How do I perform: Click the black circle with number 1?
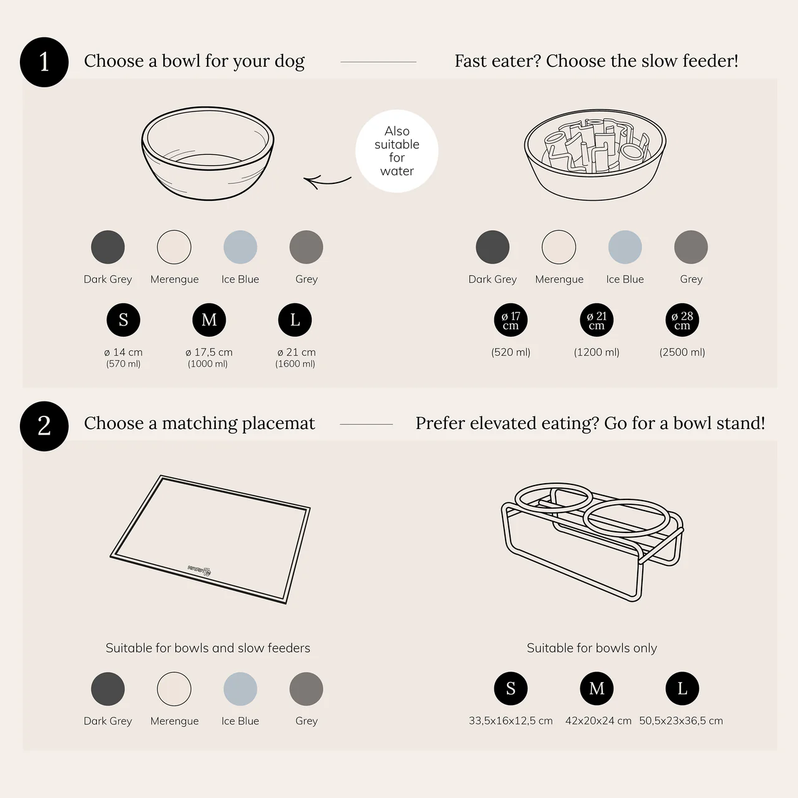pyautogui.click(x=44, y=62)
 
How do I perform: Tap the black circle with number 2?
pyautogui.click(x=44, y=426)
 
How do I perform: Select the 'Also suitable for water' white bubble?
pyautogui.click(x=397, y=151)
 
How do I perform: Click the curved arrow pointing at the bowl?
pyautogui.click(x=327, y=181)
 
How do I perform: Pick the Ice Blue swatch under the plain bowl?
pyautogui.click(x=240, y=248)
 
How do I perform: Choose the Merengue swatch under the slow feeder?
pyautogui.click(x=559, y=248)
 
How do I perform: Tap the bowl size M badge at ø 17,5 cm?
pyautogui.click(x=209, y=320)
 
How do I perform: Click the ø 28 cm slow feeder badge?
pyautogui.click(x=682, y=320)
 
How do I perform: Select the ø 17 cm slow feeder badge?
pyautogui.click(x=511, y=320)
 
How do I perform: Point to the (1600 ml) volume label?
pyautogui.click(x=296, y=364)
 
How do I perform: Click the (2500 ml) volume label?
pyautogui.click(x=682, y=352)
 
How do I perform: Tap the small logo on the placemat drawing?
pyautogui.click(x=199, y=570)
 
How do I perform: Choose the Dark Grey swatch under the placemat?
pyautogui.click(x=108, y=689)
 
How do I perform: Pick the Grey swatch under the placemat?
pyautogui.click(x=306, y=689)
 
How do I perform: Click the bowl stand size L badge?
pyautogui.click(x=682, y=688)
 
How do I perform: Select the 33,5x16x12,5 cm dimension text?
pyautogui.click(x=511, y=721)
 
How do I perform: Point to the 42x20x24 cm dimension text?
pyautogui.click(x=598, y=721)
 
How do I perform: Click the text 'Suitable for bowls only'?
pyautogui.click(x=592, y=648)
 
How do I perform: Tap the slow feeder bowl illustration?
pyautogui.click(x=595, y=155)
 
